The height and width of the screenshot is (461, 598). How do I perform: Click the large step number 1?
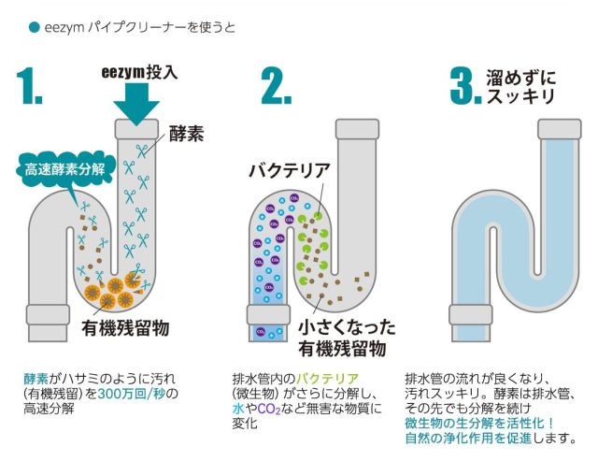[x=29, y=86]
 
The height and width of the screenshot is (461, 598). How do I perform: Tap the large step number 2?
[x=277, y=86]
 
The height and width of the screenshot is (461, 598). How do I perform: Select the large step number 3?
[x=465, y=86]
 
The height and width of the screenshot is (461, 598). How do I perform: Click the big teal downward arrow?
[x=136, y=104]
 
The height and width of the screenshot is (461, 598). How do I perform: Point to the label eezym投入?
[x=139, y=72]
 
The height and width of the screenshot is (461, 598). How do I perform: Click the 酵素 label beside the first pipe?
[x=187, y=134]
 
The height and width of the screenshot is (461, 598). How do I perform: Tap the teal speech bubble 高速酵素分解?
[x=64, y=169]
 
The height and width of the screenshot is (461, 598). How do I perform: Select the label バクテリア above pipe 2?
[x=289, y=170]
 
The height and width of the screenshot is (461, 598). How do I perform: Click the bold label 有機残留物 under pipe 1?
[x=125, y=328]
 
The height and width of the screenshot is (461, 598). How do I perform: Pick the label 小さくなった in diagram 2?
[x=347, y=328]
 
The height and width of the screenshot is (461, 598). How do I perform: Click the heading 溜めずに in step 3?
[x=521, y=78]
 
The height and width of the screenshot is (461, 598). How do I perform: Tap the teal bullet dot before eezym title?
[x=35, y=27]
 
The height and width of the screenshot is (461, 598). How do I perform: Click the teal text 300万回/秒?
[x=133, y=394]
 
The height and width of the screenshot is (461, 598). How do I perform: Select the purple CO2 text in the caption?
[x=269, y=409]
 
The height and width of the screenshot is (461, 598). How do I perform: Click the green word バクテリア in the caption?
[x=328, y=379]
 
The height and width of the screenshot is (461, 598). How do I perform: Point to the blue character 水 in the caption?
[x=238, y=409]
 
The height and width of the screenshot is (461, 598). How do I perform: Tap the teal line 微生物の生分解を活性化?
[x=479, y=424]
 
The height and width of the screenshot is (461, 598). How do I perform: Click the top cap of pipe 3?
[x=560, y=129]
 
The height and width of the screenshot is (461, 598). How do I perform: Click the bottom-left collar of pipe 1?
[x=48, y=315]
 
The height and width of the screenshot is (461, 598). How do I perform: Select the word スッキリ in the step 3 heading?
[x=521, y=95]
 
